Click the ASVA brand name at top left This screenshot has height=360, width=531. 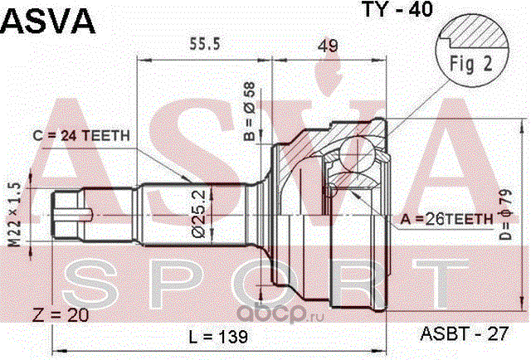(48, 21)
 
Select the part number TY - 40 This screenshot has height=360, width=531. (397, 9)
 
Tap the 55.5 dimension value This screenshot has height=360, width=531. (205, 44)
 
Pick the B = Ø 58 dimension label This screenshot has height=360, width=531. (250, 111)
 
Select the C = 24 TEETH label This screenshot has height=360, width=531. (81, 136)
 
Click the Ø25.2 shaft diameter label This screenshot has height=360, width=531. (199, 214)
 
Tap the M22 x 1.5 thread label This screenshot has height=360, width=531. (14, 214)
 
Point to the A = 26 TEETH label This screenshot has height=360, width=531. (446, 219)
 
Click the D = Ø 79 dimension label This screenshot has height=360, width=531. (506, 214)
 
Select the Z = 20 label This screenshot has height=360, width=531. (61, 315)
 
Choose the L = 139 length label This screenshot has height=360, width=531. (218, 337)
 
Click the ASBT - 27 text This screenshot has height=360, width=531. (465, 333)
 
